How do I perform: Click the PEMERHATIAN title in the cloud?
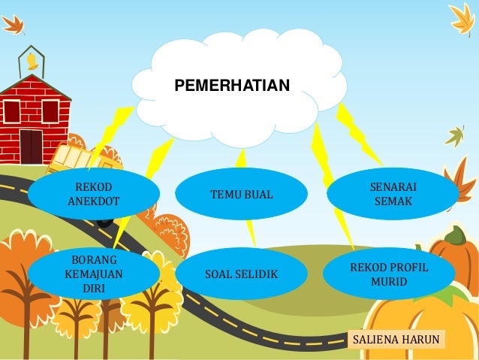tap(231, 87)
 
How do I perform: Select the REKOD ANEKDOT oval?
tap(94, 195)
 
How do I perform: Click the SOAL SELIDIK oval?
tap(241, 275)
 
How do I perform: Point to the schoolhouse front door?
tap(31, 145)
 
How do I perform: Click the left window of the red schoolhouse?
tap(11, 111)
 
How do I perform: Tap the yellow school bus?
tap(79, 160)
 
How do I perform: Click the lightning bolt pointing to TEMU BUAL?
tap(241, 158)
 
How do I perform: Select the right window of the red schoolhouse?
tap(50, 111)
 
